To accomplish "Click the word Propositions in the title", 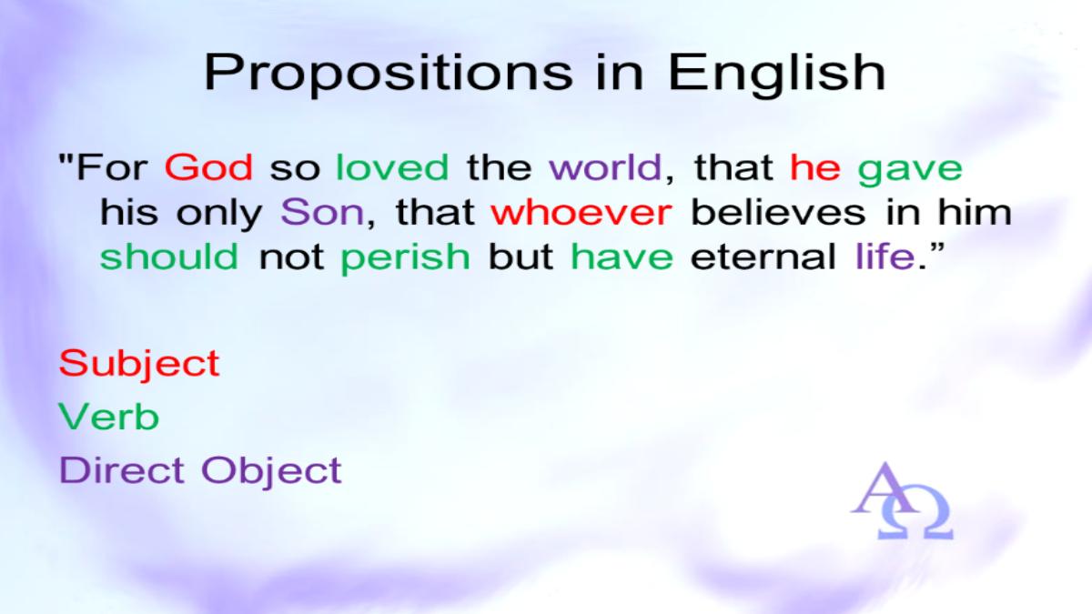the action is [x=389, y=74].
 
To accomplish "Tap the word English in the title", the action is [x=777, y=73].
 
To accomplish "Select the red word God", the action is [x=208, y=167].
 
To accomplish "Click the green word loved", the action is [x=392, y=167].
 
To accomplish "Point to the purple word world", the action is [x=605, y=167].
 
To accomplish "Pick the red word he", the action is [x=815, y=167].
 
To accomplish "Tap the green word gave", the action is [x=910, y=170].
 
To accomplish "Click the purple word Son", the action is [x=322, y=212].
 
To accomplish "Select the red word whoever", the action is [x=581, y=212].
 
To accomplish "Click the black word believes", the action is [x=778, y=212].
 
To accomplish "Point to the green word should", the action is [x=169, y=256].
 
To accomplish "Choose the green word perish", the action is [x=405, y=258].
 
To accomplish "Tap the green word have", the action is [x=622, y=256].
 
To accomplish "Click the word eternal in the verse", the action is [x=763, y=256].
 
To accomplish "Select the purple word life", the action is [x=885, y=256].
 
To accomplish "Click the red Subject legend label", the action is [x=139, y=365].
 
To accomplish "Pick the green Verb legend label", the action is [x=108, y=417].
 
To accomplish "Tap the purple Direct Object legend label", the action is [x=200, y=472].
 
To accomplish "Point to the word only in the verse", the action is [x=219, y=215].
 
